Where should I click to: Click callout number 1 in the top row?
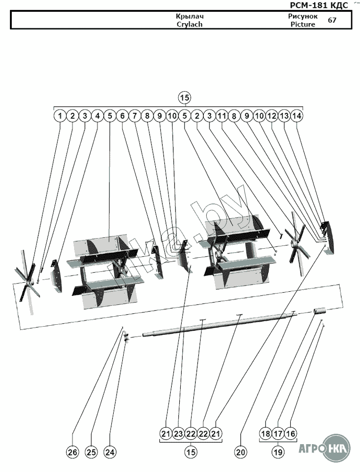point(60,115)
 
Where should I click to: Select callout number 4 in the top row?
point(97,115)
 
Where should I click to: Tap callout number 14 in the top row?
point(297,115)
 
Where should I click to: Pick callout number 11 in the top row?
point(222,115)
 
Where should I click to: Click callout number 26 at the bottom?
point(72,452)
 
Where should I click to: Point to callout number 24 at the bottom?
point(109,452)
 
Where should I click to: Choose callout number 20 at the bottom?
point(241,452)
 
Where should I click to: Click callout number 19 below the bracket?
point(278,452)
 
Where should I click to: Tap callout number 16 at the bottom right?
point(291,434)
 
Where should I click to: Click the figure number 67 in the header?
point(332,20)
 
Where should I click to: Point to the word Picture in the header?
point(302,24)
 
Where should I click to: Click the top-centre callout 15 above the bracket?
point(184,98)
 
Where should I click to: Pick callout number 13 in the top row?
point(284,115)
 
